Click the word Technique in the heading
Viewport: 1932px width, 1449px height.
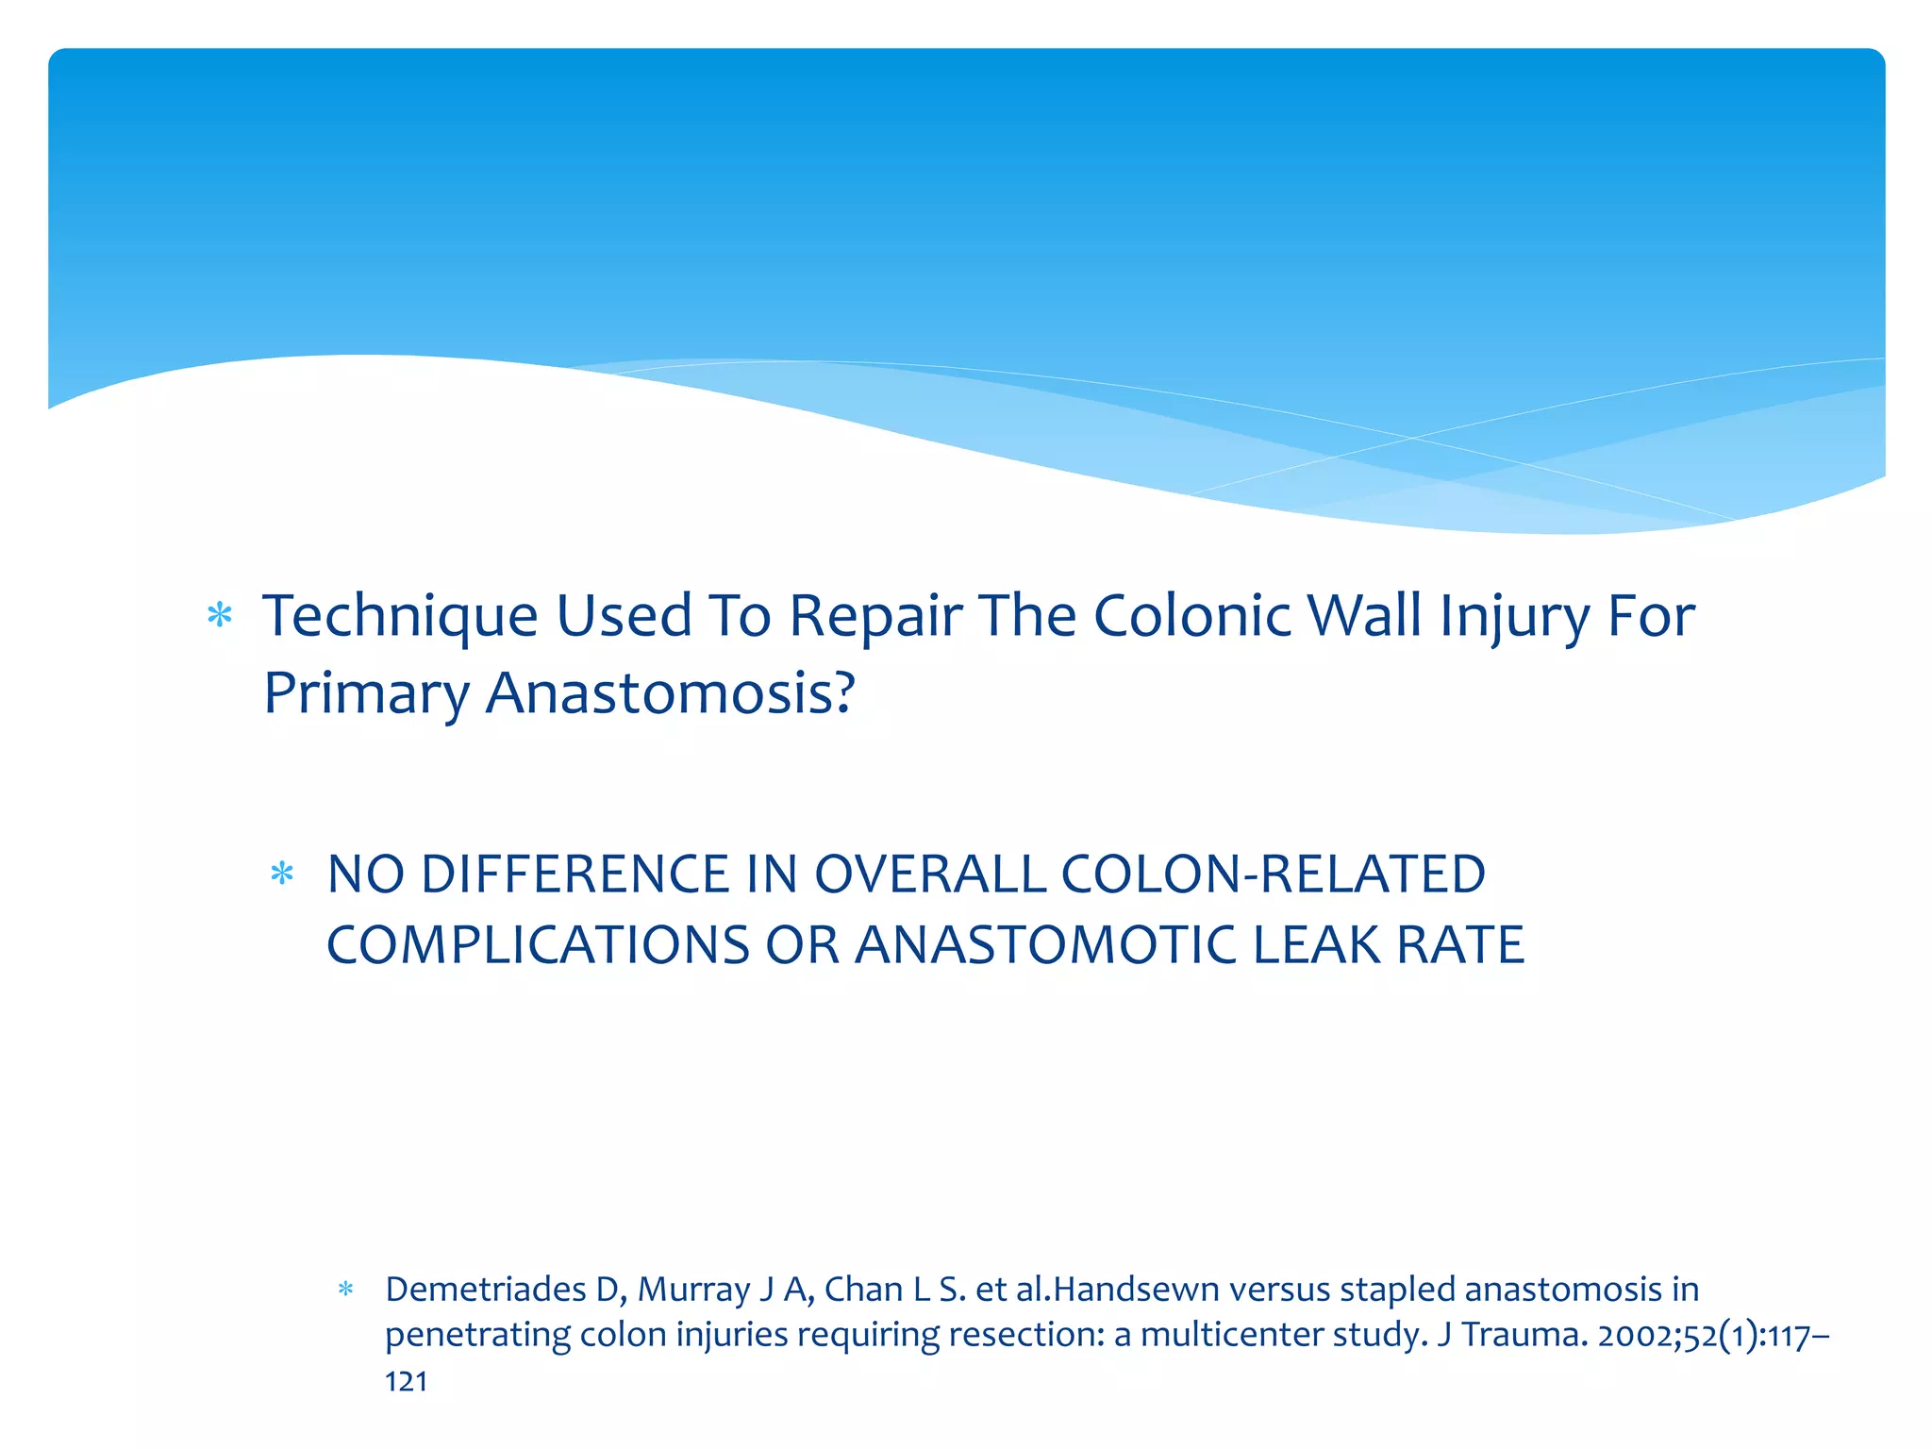400,617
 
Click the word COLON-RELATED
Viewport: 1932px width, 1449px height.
1273,874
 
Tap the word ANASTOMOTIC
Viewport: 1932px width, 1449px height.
1045,945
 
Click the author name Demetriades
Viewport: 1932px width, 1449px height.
485,1290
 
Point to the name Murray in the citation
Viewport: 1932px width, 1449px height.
693,1290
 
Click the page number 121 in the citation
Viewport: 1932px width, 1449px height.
407,1382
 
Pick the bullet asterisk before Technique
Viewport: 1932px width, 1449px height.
220,617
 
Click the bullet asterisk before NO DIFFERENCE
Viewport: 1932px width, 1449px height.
282,874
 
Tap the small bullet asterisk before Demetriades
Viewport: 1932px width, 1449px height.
345,1290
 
